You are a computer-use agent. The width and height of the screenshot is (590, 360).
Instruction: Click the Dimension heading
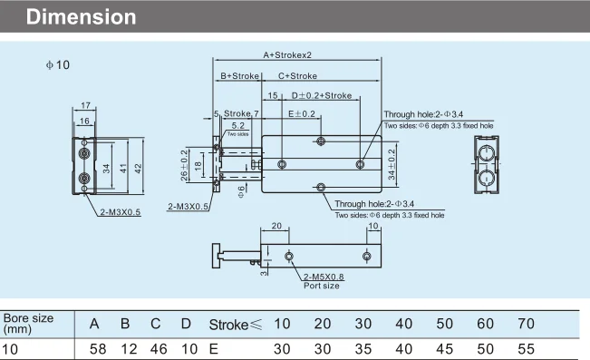pos(82,17)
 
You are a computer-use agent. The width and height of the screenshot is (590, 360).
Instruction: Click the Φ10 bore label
pos(57,64)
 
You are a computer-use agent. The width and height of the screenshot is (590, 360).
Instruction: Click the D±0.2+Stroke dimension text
pos(322,95)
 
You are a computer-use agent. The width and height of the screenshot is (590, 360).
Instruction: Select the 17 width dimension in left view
pos(84,106)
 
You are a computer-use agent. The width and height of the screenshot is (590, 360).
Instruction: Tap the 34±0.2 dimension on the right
pos(392,164)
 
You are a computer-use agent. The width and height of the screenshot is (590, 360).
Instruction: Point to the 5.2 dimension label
pos(237,125)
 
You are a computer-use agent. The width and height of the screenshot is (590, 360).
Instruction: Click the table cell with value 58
pos(95,348)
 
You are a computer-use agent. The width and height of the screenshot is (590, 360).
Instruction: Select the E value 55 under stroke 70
pos(525,348)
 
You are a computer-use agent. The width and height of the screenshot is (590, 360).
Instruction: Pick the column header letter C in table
pos(155,324)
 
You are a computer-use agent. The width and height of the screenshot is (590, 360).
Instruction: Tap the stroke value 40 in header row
pos(403,324)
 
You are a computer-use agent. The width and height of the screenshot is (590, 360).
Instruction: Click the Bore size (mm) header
pos(28,323)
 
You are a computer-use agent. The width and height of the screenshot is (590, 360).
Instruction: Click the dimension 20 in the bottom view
pos(276,226)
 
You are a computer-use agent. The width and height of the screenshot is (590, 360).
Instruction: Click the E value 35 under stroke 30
pos(363,348)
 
